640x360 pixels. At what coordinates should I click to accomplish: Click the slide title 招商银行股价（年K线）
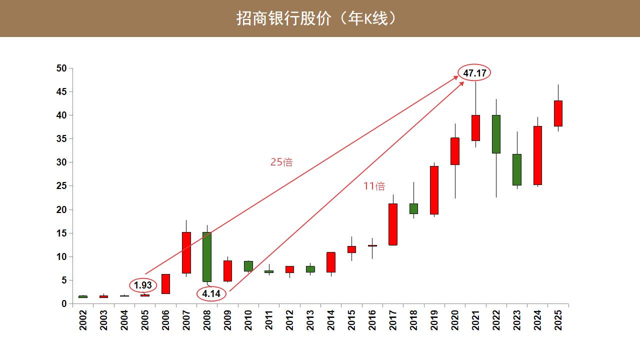point(317,18)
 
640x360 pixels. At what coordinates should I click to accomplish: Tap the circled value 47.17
point(474,73)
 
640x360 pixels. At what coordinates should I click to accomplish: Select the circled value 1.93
point(143,285)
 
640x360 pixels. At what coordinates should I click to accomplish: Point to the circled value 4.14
point(211,294)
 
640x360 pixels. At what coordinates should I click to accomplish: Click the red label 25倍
point(281,162)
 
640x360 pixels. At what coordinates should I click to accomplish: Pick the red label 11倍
point(374,186)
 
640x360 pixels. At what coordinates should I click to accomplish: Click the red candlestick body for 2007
point(186,252)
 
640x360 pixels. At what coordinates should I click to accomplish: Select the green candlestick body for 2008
point(207,257)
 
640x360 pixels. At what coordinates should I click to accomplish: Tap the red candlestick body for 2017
point(393,224)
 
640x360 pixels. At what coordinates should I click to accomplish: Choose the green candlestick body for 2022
point(496,134)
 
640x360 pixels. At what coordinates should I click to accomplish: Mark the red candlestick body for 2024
point(537,155)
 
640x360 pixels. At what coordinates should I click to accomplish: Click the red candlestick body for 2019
point(434,190)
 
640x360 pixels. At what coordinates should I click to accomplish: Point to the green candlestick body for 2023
point(517,169)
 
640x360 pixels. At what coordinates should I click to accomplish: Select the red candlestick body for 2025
point(558,113)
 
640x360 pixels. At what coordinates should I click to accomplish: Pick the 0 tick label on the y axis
point(63,303)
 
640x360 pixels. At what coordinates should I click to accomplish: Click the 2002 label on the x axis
point(83,320)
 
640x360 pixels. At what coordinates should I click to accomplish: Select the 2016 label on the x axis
point(372,320)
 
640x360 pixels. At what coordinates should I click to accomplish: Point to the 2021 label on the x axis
point(475,320)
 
